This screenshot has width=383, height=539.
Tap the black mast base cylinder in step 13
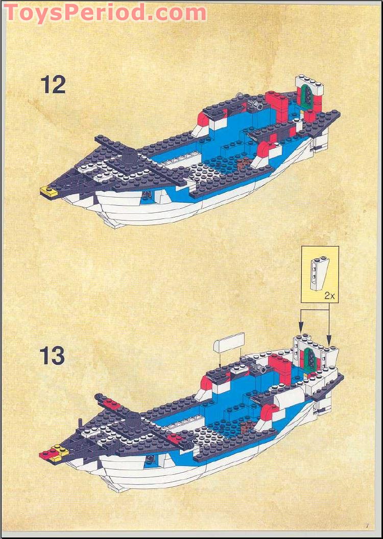click(133, 421)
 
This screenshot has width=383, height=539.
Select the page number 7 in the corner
click(366, 526)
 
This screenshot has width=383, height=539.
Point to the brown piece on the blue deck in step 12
click(244, 163)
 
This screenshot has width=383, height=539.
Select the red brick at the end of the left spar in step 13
click(112, 404)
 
